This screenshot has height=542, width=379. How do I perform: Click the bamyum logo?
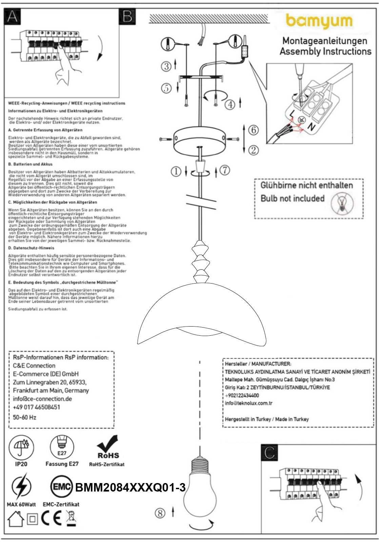point(319,21)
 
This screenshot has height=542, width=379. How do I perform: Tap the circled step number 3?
point(166,66)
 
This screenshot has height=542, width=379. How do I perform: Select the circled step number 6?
point(254,130)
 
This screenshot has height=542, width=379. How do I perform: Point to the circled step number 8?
point(160,513)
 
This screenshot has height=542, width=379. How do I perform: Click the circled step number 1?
point(176,172)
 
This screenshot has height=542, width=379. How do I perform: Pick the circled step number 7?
point(224,170)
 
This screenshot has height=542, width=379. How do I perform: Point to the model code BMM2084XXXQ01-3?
point(130,488)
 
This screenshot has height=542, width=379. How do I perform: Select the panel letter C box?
point(270,453)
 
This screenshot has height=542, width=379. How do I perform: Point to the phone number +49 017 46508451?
point(36,407)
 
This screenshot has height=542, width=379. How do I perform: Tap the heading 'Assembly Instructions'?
point(325,51)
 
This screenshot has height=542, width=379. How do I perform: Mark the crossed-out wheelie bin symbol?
point(71,518)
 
